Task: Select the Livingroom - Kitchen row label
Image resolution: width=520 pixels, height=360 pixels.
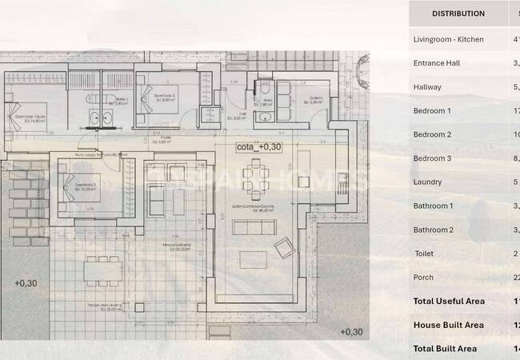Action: (x=448, y=39)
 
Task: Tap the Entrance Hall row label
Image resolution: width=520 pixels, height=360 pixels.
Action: (x=438, y=63)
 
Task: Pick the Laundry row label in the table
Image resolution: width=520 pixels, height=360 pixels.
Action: (x=427, y=182)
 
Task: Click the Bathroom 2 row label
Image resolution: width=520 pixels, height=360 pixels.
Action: (x=433, y=230)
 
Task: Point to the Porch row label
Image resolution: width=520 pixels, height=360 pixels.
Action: (x=424, y=278)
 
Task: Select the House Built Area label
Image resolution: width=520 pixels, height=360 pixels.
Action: (x=448, y=326)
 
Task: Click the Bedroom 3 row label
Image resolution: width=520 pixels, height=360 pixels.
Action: (x=432, y=158)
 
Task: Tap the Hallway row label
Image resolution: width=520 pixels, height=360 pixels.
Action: (x=427, y=87)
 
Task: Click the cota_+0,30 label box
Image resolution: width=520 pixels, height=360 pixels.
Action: (x=258, y=147)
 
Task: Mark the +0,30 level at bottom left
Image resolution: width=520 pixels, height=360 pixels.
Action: (x=26, y=283)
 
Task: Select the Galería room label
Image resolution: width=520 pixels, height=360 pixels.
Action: (x=315, y=99)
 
